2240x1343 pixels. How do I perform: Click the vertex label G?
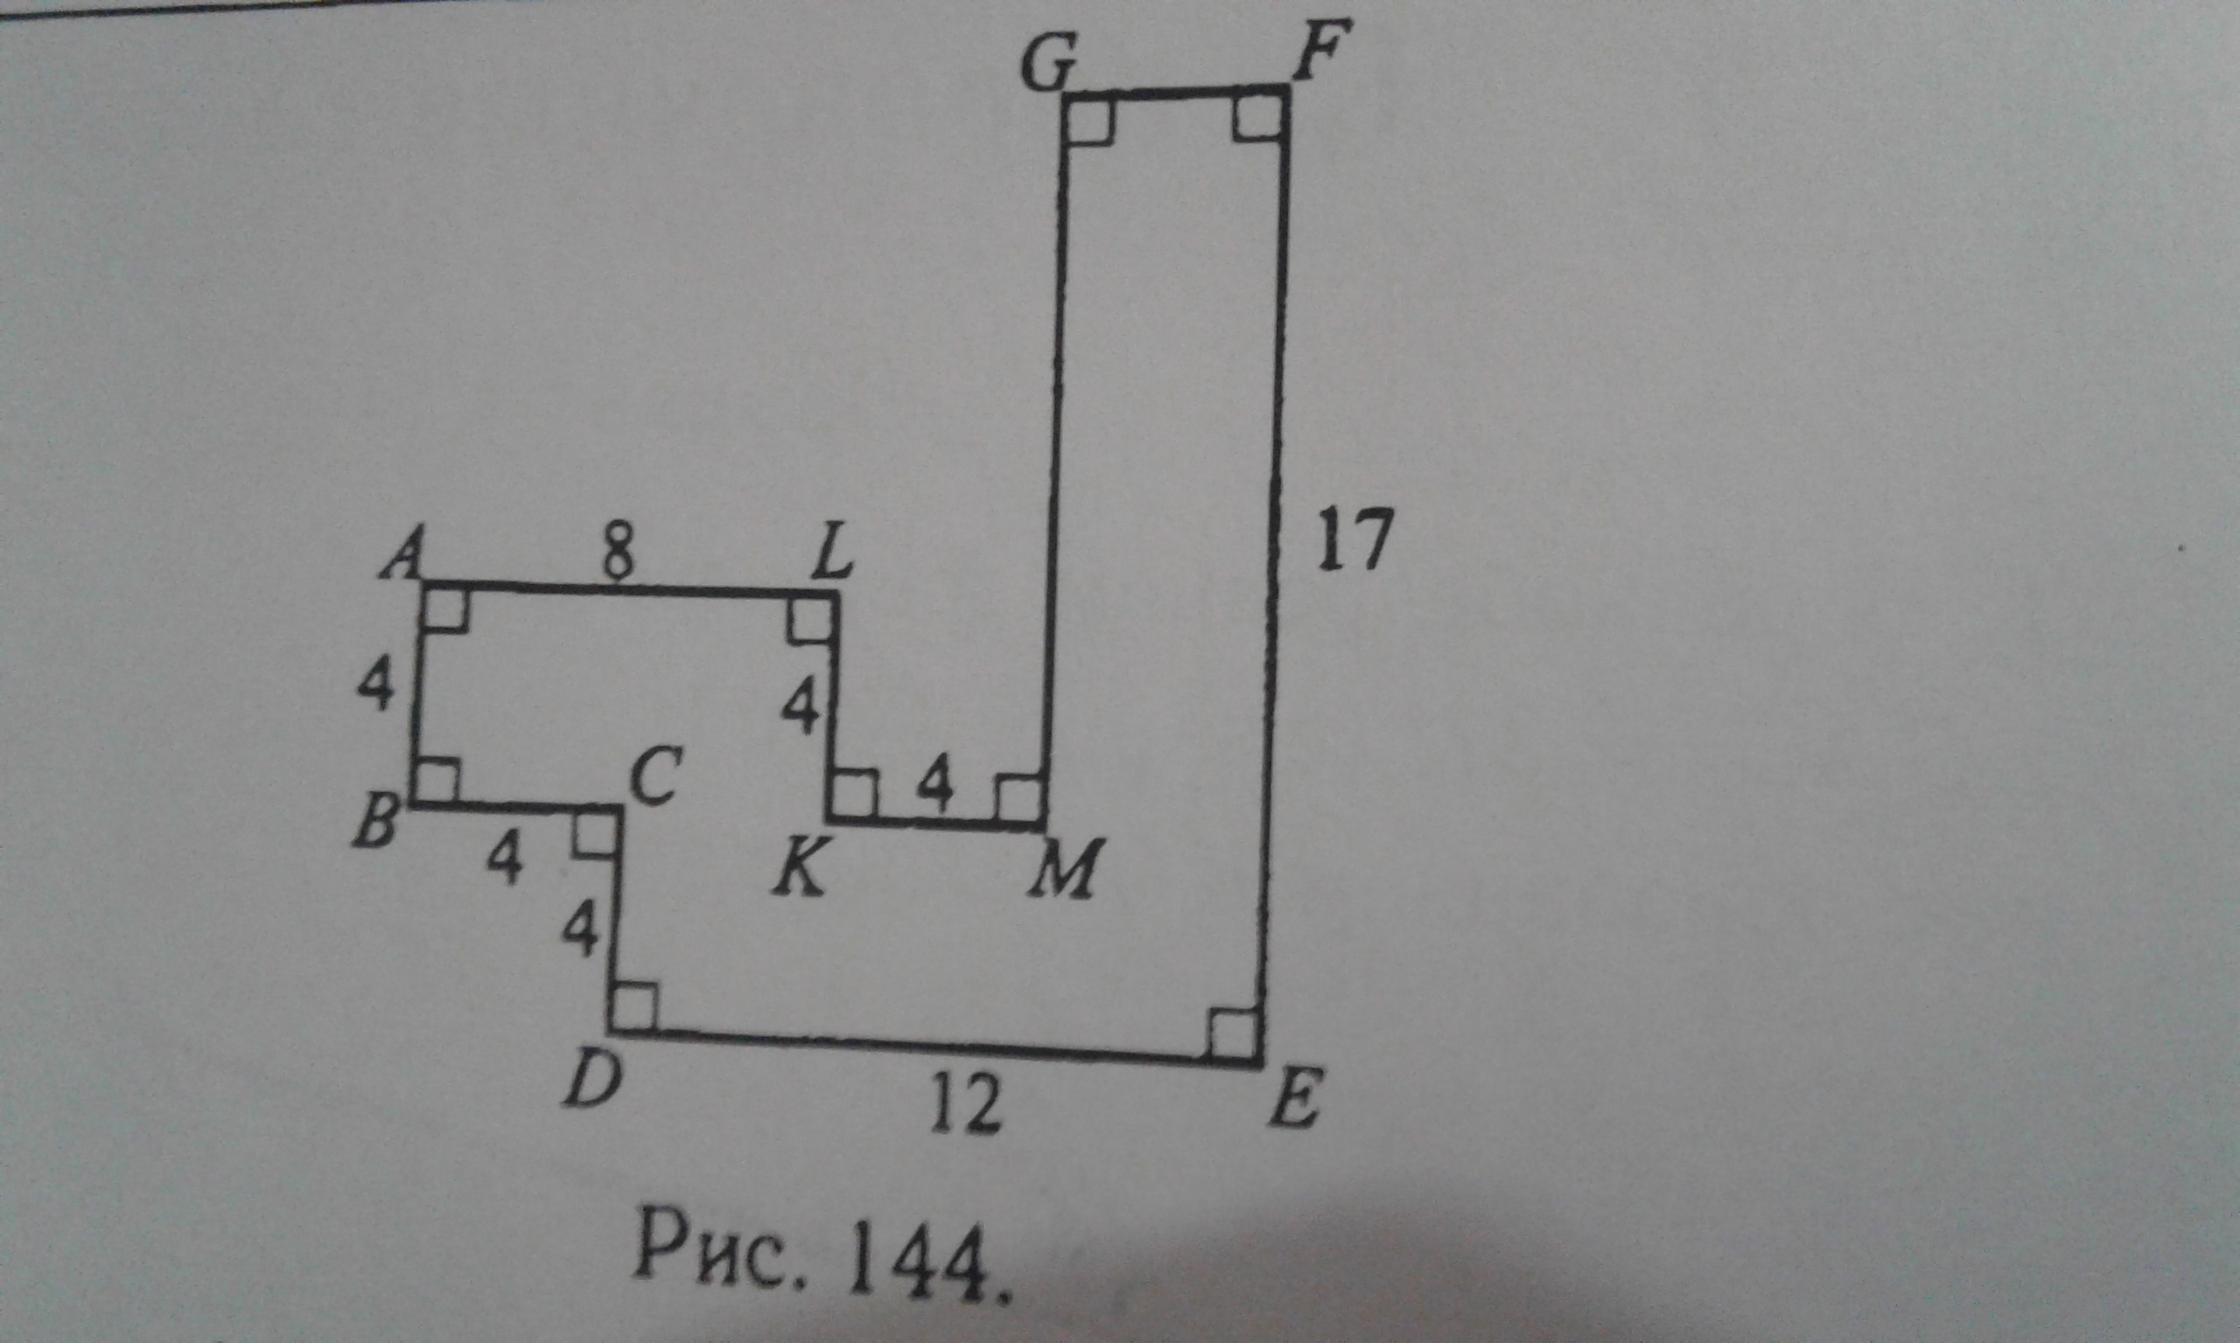point(1047,66)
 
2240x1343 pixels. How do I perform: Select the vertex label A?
point(402,554)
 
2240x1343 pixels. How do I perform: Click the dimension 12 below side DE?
point(967,1105)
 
